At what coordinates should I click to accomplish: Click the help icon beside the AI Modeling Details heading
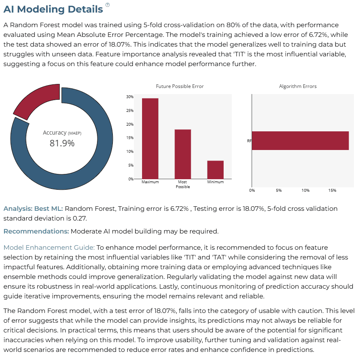click(x=108, y=5)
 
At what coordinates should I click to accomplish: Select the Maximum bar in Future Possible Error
click(x=150, y=138)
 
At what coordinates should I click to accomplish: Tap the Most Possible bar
click(x=183, y=154)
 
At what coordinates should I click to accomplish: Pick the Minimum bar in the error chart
click(x=216, y=170)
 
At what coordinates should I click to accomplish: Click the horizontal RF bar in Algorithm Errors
click(x=300, y=141)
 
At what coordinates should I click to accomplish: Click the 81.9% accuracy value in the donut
click(x=62, y=143)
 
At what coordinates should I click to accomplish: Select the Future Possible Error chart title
click(x=180, y=86)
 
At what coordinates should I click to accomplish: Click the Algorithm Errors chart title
click(x=298, y=86)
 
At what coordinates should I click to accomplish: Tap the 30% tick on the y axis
click(x=129, y=97)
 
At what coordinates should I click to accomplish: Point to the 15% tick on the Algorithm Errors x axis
click(x=332, y=190)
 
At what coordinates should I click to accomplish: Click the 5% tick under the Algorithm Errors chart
click(x=278, y=190)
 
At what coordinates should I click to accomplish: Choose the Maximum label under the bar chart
click(x=150, y=182)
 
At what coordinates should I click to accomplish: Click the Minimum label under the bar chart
click(x=216, y=182)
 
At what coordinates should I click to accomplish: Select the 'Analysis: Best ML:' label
click(x=33, y=208)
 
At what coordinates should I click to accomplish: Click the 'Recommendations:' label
click(x=36, y=231)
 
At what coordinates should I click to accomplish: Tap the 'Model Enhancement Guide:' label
click(x=49, y=247)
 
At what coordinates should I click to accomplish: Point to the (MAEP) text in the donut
click(x=75, y=133)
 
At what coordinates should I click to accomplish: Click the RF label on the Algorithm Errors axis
click(x=249, y=141)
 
